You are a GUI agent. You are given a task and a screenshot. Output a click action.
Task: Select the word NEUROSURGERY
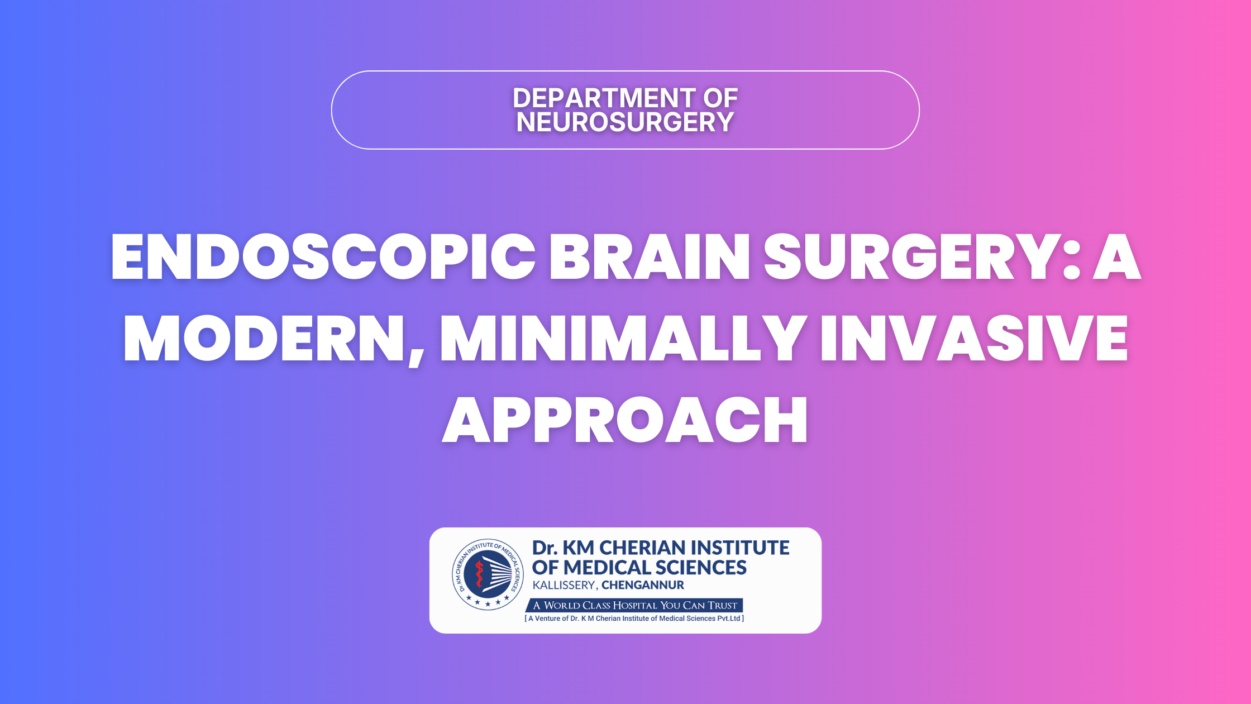(625, 122)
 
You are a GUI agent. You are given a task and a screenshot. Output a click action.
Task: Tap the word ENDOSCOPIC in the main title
(323, 256)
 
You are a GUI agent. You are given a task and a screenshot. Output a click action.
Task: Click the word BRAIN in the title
(651, 256)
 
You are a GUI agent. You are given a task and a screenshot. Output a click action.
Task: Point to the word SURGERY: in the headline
(922, 256)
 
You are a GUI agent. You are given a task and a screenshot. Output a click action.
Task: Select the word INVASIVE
(974, 339)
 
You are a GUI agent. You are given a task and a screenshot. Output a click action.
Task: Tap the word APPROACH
(625, 420)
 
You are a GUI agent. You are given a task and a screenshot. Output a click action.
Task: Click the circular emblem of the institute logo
(488, 574)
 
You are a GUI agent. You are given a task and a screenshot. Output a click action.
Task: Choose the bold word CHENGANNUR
(643, 585)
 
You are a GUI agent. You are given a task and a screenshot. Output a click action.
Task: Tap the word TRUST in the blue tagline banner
(723, 605)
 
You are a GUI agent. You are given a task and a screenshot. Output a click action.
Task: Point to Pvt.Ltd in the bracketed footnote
(729, 619)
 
